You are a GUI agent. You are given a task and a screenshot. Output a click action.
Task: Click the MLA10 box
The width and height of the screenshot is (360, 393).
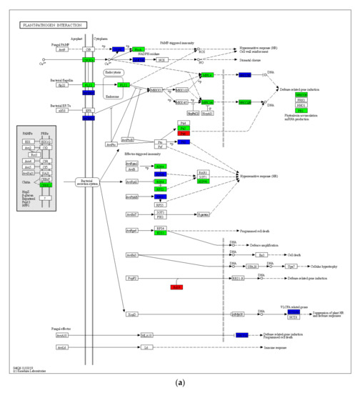(146, 335)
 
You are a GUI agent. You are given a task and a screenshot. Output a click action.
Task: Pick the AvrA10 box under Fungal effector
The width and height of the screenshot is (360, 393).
(61, 335)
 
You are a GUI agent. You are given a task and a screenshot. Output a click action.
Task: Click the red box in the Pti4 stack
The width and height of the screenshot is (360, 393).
(184, 134)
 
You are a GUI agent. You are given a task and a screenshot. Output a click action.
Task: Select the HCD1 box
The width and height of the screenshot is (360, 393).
(294, 317)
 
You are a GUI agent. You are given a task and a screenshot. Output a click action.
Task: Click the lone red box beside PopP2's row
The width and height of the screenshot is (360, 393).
(177, 287)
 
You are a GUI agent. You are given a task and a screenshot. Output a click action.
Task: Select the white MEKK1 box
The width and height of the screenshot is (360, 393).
(156, 91)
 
